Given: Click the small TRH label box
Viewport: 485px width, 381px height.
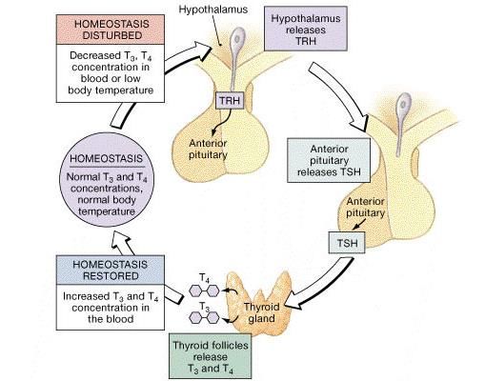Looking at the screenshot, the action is point(230,100).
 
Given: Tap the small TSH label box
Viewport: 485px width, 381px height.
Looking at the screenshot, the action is point(347,243).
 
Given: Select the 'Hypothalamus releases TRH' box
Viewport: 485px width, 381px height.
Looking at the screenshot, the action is point(306,29).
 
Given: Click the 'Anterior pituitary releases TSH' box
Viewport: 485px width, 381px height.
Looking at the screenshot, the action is point(329,160).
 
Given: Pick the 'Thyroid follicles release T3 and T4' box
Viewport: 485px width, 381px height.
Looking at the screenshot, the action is point(210,356).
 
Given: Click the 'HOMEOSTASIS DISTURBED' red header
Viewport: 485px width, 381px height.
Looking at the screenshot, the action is point(111,30).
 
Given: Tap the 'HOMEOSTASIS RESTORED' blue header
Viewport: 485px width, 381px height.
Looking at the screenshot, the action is point(111,270).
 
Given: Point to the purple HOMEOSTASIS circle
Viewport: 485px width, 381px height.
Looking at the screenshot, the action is point(107,180).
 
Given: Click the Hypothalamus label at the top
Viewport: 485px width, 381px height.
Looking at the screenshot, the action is point(213,10).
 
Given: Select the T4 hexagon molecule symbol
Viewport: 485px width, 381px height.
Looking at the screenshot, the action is point(204,291).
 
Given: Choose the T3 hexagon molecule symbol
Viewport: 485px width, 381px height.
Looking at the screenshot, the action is point(204,317).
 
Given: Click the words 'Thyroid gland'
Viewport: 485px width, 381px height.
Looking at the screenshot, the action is point(261,312).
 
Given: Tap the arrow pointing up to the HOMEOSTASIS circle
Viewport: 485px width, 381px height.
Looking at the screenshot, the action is point(123,244).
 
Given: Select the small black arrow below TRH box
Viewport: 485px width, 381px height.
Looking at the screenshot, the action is point(222,122).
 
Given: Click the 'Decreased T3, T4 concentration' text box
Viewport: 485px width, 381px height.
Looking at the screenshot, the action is point(111,73).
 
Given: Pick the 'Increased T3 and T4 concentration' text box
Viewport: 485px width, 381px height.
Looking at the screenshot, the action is point(111,308).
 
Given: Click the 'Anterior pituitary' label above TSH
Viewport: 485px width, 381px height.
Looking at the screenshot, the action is point(365,207).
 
